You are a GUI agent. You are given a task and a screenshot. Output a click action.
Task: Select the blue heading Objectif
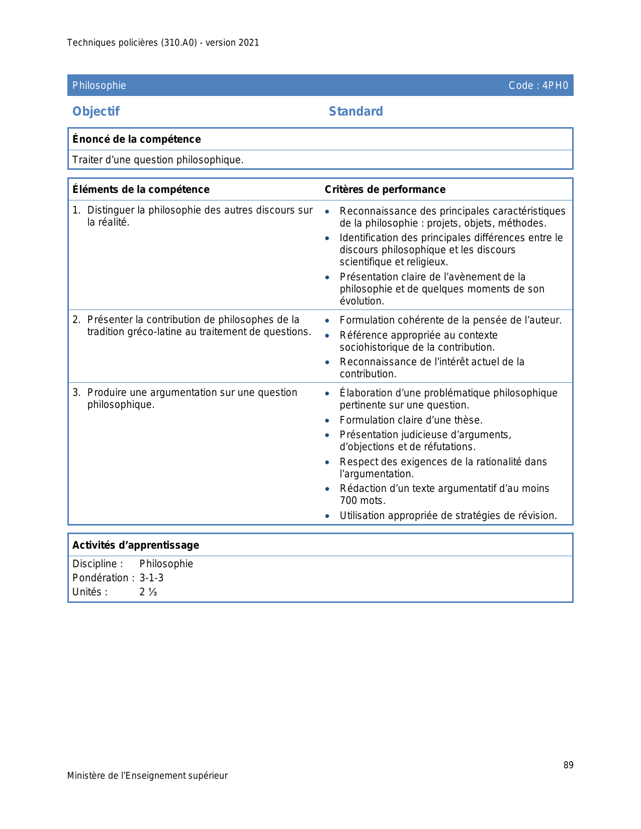(x=96, y=112)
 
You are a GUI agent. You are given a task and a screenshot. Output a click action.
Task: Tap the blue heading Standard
(x=356, y=112)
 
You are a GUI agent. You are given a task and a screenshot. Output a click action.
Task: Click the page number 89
(x=568, y=765)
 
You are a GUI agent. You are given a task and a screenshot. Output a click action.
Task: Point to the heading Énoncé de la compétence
(x=136, y=139)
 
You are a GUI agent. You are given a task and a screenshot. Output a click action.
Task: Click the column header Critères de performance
(x=385, y=189)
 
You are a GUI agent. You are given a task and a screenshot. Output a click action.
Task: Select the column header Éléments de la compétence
(x=141, y=189)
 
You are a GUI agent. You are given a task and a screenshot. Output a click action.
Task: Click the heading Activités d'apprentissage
(x=136, y=545)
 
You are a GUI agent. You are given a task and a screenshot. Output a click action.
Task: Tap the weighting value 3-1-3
(x=151, y=578)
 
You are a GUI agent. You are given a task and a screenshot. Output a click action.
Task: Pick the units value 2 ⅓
(x=148, y=592)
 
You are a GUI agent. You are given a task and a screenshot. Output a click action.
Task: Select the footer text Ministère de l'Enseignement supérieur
(x=147, y=776)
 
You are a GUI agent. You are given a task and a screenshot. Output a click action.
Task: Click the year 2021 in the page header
(x=249, y=43)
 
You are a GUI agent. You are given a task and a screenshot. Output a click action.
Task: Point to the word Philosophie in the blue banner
(x=99, y=85)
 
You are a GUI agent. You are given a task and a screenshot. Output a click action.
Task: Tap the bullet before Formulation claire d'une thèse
(x=327, y=421)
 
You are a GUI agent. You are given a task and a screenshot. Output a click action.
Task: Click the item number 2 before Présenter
(x=75, y=320)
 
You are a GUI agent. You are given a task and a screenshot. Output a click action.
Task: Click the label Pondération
(x=101, y=578)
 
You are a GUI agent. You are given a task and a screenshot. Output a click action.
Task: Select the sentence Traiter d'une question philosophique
(x=158, y=160)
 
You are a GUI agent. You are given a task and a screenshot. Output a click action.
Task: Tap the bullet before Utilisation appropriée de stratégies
(x=327, y=516)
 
